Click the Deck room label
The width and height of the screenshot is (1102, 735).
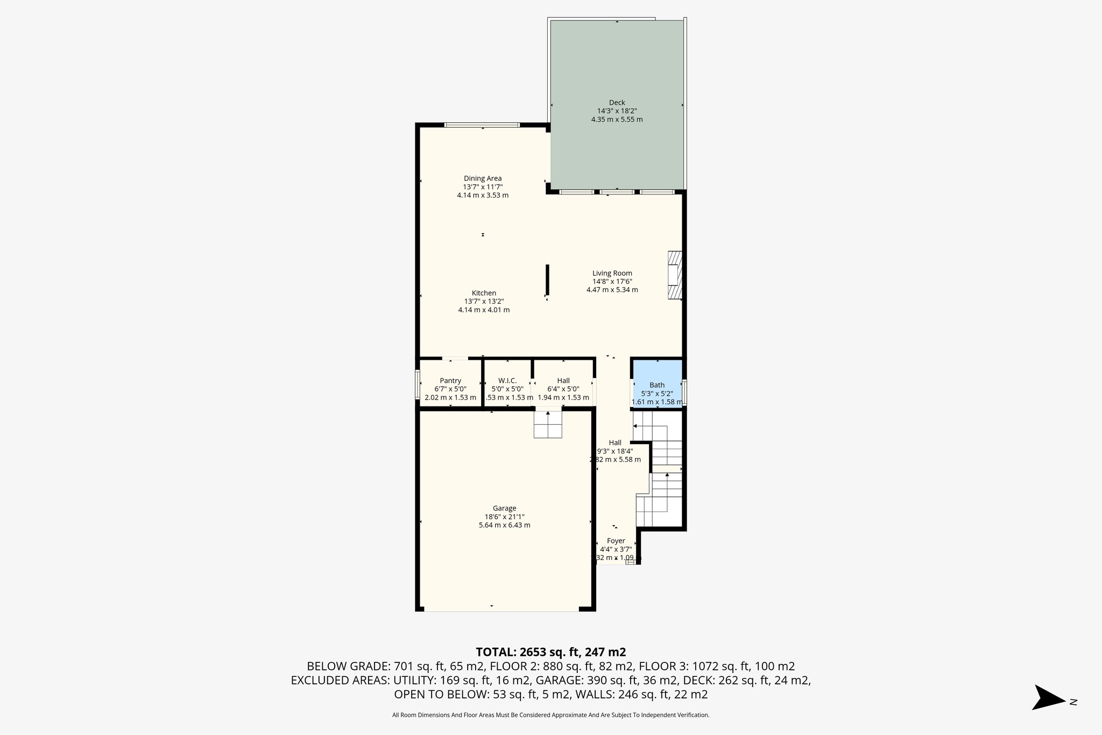pyautogui.click(x=617, y=102)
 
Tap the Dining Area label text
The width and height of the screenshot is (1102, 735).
pyautogui.click(x=483, y=178)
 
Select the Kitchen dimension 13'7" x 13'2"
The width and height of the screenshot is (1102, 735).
pyautogui.click(x=484, y=302)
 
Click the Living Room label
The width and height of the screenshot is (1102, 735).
pyautogui.click(x=612, y=273)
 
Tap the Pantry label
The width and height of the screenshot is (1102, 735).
pyautogui.click(x=450, y=381)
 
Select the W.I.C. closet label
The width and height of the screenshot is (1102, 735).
pyautogui.click(x=507, y=381)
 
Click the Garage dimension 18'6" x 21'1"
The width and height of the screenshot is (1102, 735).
pyautogui.click(x=504, y=516)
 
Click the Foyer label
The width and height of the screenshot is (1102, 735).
pyautogui.click(x=616, y=541)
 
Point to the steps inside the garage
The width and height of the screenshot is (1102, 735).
pyautogui.click(x=548, y=425)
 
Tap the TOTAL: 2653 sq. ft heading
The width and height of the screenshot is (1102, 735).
pyautogui.click(x=550, y=652)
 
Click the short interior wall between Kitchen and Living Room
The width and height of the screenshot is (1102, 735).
pyautogui.click(x=547, y=280)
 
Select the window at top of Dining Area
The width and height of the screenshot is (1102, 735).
pyautogui.click(x=482, y=125)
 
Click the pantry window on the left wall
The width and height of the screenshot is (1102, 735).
pyautogui.click(x=418, y=384)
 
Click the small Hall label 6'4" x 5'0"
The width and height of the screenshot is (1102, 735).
pyautogui.click(x=563, y=389)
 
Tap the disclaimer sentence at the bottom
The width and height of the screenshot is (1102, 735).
pyautogui.click(x=550, y=715)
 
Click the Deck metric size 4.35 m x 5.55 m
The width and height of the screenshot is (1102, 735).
pyautogui.click(x=617, y=120)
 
